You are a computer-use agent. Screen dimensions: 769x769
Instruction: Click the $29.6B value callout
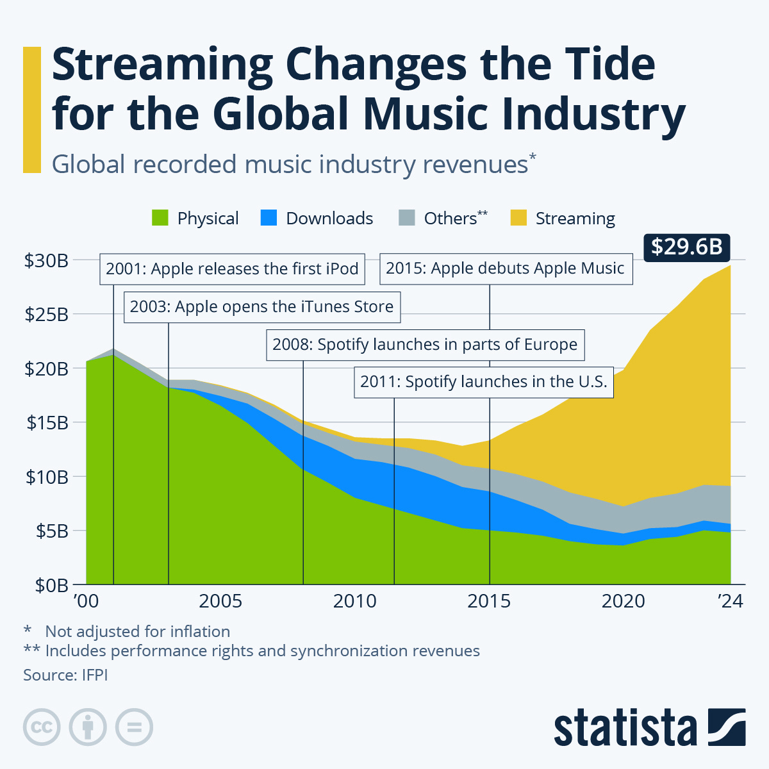686,246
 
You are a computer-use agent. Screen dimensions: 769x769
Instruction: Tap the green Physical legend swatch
160,219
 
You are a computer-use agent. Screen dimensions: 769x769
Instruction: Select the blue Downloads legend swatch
269,219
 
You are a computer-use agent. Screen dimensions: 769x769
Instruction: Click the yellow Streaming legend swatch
518,219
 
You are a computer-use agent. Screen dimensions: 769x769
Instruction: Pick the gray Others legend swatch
407,219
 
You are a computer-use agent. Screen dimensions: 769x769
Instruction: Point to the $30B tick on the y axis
46,261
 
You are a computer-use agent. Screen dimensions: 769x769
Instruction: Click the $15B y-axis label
46,423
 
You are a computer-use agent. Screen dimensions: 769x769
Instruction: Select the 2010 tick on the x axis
355,602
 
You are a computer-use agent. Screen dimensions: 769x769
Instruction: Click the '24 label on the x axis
730,602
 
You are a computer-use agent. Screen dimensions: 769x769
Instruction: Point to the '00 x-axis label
87,602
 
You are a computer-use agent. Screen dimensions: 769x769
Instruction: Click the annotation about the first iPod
232,269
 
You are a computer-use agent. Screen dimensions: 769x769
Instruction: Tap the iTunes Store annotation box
261,307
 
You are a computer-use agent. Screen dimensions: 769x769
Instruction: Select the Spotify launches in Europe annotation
425,345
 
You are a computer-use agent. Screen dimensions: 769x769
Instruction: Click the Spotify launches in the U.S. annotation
483,382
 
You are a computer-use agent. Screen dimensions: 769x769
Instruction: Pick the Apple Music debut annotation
505,269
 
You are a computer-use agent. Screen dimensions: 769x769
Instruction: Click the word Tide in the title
596,65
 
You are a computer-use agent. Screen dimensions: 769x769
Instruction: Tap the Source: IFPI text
65,675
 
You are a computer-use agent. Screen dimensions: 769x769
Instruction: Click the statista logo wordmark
625,728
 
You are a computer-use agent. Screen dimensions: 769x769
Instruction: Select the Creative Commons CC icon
42,727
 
